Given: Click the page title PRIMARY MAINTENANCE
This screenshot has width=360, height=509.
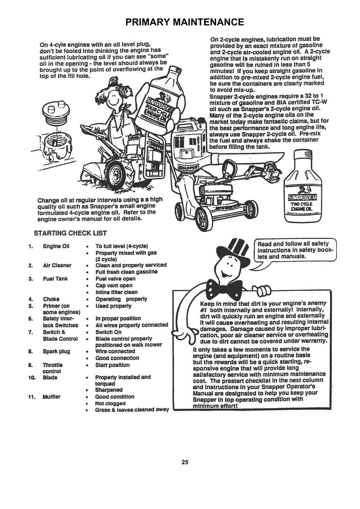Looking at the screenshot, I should [184, 22].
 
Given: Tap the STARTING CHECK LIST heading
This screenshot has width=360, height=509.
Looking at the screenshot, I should [70, 233].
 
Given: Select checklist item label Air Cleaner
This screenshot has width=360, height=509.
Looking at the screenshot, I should [57, 265].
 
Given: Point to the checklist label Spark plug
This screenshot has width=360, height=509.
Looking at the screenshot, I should [56, 351].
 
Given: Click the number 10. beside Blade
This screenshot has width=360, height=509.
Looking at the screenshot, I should [32, 378].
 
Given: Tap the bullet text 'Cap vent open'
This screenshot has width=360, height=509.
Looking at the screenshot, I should [114, 285].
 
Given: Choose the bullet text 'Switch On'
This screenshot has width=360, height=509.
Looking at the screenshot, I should [109, 332].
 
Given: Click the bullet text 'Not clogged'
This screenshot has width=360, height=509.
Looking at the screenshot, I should [110, 403].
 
